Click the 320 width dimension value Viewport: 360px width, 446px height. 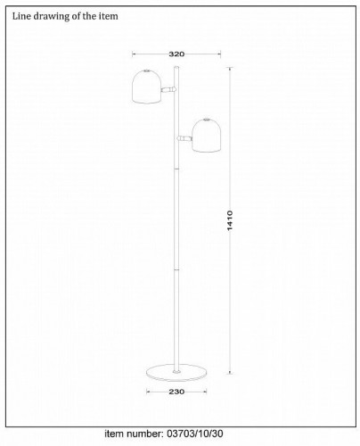tap(176, 54)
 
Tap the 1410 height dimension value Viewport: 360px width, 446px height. tap(230, 220)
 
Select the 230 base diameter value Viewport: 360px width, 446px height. tap(176, 392)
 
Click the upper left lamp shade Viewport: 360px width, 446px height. tap(147, 87)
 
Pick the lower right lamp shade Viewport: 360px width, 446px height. tap(207, 136)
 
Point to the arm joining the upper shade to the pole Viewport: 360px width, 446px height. tap(168, 89)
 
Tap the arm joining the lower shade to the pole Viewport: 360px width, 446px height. tap(184, 138)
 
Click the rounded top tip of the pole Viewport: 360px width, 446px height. tap(176, 68)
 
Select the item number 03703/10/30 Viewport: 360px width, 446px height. tap(194, 434)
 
